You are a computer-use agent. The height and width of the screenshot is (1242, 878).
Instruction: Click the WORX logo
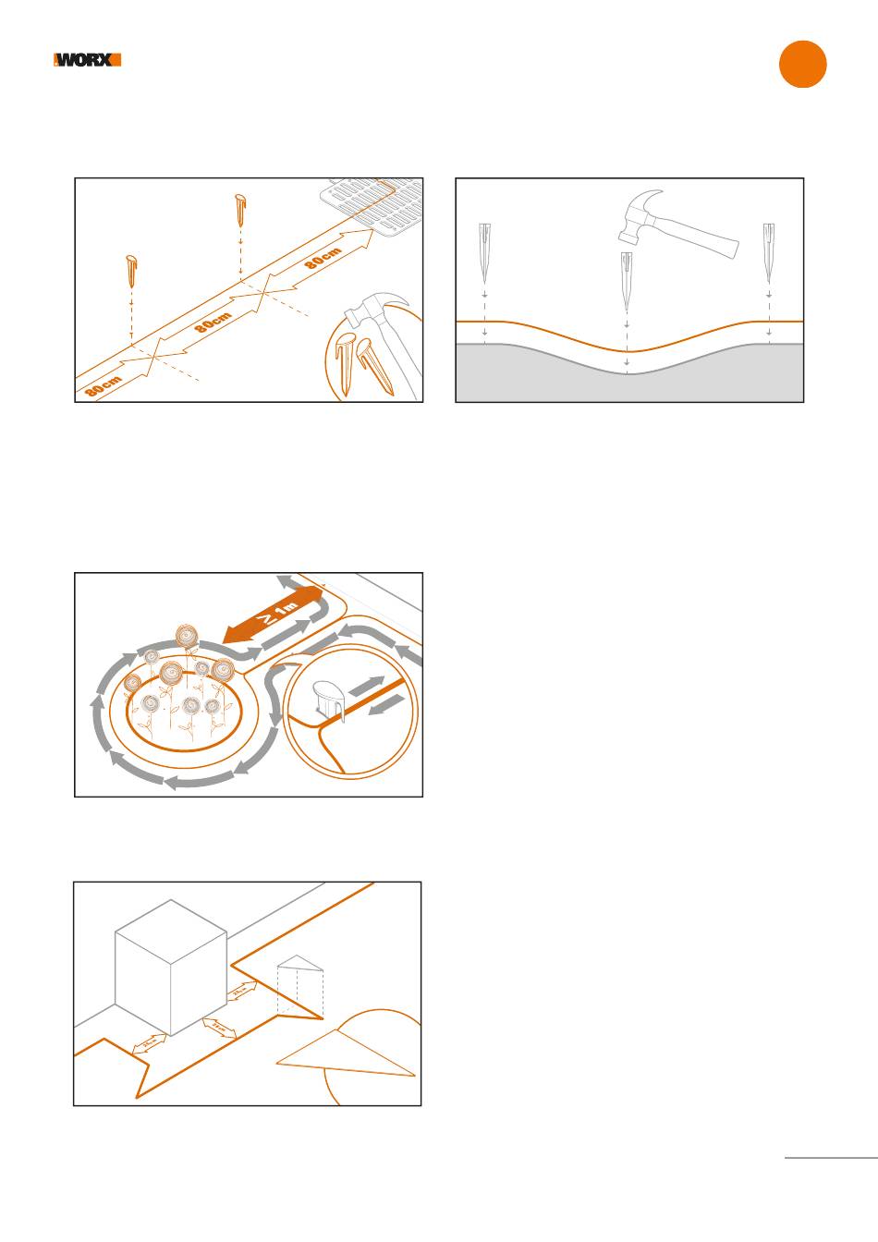[87, 60]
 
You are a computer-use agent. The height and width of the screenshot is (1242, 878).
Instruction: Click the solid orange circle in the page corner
[802, 65]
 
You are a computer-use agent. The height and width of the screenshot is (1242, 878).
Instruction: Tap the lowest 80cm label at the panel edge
[104, 385]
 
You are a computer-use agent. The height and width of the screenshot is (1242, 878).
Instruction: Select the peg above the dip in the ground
[628, 283]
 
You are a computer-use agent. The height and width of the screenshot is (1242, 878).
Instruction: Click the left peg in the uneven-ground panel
[485, 253]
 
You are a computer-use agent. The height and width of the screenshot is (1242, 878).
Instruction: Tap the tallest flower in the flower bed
[187, 637]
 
